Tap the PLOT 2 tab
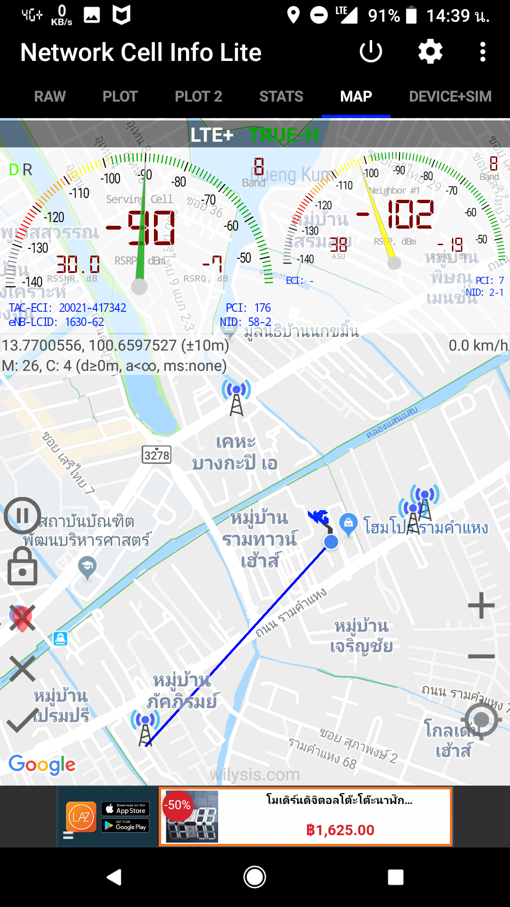(x=198, y=96)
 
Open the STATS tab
(x=281, y=96)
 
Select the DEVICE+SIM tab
(x=450, y=96)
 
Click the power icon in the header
(x=371, y=51)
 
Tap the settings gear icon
(x=430, y=51)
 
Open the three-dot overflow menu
(x=483, y=51)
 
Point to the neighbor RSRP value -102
(x=396, y=214)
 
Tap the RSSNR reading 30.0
(x=78, y=264)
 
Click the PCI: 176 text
(x=248, y=308)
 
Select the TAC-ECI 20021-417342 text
(x=68, y=308)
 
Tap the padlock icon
(x=22, y=566)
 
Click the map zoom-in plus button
(x=481, y=605)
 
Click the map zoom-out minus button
(x=481, y=656)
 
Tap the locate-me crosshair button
(x=481, y=720)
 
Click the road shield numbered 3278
(x=157, y=455)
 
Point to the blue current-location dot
(x=331, y=542)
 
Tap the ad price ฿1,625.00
(x=340, y=830)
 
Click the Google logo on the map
(x=42, y=764)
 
